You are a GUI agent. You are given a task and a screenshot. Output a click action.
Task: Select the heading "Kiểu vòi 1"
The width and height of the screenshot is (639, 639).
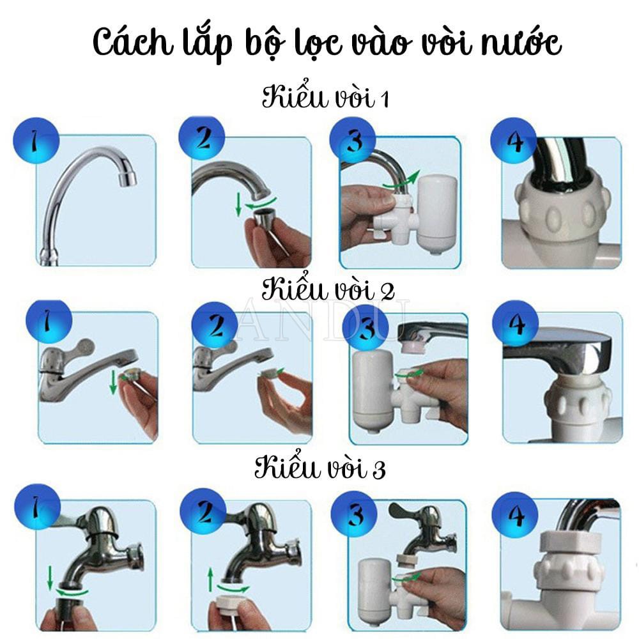point(325,96)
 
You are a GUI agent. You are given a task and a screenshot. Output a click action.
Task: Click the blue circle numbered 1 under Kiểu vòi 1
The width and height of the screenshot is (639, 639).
point(36,141)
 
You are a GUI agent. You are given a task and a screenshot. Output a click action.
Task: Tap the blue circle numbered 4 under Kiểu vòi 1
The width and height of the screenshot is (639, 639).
point(514,141)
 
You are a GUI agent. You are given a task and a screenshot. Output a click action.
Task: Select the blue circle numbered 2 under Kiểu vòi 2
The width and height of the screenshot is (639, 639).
point(215,325)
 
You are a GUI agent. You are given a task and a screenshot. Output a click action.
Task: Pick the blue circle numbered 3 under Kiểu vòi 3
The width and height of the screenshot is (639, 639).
point(354,514)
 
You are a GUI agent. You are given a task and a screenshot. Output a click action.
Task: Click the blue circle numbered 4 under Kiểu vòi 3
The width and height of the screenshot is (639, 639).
point(515,514)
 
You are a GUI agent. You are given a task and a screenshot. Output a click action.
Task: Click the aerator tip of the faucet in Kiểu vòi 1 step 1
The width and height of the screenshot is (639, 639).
point(127,178)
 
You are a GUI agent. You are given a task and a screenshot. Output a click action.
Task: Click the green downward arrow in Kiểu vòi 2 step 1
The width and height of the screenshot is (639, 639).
point(113,382)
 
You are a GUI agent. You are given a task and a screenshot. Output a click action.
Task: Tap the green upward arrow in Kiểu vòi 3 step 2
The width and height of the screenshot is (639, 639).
point(210,580)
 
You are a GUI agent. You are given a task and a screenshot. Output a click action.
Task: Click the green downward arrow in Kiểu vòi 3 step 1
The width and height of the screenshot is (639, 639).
point(50,578)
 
